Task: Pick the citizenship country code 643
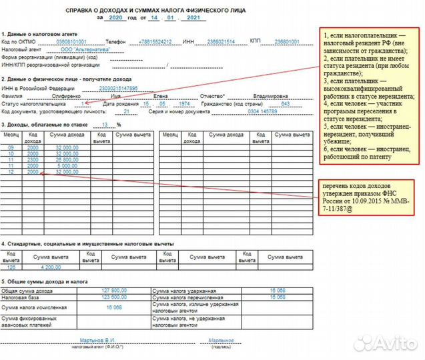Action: click(x=285, y=104)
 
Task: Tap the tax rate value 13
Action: click(x=104, y=125)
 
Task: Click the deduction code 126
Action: click(x=11, y=267)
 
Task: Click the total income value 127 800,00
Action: click(x=114, y=291)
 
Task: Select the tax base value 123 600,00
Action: click(x=114, y=297)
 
